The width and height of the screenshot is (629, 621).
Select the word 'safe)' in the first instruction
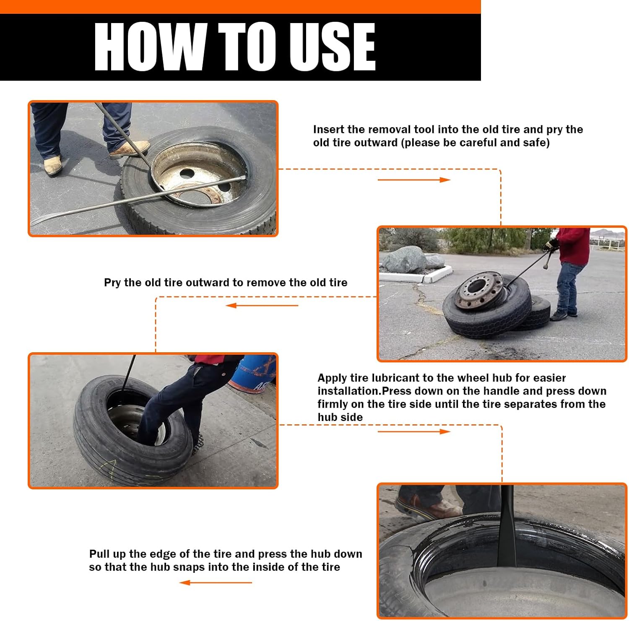pos(536,143)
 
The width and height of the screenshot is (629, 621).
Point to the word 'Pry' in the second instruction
pos(112,283)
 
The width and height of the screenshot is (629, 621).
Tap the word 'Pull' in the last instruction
pos(99,554)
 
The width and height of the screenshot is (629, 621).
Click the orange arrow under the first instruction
pos(414,180)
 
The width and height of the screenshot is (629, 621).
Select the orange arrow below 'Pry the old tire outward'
pos(262,305)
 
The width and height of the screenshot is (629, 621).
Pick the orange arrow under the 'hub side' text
pos(414,431)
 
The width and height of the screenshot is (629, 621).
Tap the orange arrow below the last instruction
pos(216,582)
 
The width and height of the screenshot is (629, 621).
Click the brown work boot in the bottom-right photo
pos(428,507)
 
